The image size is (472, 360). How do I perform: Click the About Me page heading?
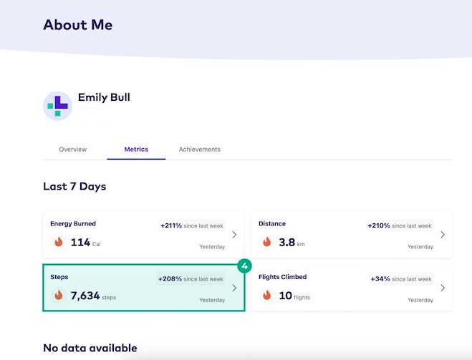pos(77,25)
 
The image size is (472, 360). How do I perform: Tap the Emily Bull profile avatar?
pos(57,106)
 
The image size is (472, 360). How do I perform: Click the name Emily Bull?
pos(104,97)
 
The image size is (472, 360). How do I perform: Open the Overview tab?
pos(73,150)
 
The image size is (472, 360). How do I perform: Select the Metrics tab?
pos(136,150)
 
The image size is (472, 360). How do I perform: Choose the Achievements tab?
pos(200,150)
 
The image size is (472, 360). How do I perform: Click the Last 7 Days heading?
pos(74,187)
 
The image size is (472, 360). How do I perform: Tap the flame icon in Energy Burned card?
pos(59,243)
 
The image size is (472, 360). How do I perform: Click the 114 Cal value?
pos(85,243)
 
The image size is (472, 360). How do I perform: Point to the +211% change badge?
pos(191,226)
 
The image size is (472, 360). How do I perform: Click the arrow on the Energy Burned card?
pos(234,235)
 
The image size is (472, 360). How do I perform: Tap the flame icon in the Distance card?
pos(267,243)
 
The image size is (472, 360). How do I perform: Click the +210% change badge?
pos(400,226)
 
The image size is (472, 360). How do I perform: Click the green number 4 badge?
pos(245,266)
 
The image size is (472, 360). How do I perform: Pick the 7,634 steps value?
pos(92,295)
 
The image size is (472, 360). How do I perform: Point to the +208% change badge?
pos(191,279)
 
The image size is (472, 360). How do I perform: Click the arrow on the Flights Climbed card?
pos(443,288)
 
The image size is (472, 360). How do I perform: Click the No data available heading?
pos(90,349)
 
